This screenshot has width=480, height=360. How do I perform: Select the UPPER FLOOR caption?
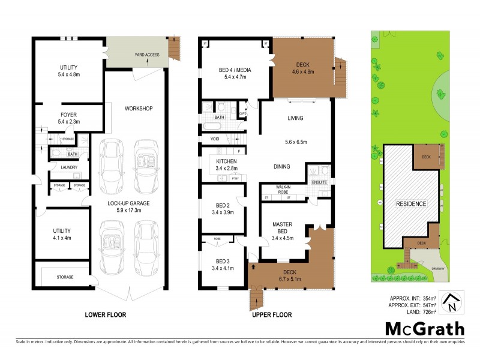271,314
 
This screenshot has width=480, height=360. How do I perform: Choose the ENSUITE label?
318,182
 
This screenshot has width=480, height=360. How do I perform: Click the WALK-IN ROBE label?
284,190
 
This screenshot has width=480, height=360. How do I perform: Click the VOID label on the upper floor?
215,139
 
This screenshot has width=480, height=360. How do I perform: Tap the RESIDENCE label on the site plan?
410,203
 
